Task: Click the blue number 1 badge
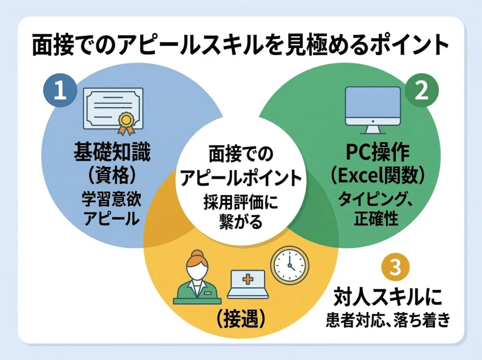60,91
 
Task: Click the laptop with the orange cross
248,284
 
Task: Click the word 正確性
375,219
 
